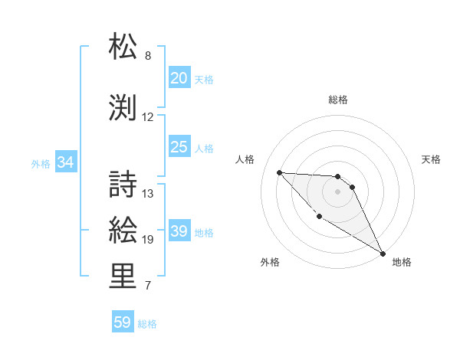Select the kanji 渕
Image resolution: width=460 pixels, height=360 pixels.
[123, 106]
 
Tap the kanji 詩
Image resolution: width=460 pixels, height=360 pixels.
[123, 183]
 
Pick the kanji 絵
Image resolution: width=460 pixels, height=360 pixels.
[123, 229]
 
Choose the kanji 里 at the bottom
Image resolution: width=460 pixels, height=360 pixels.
[123, 277]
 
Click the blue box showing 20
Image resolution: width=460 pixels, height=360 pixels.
[179, 78]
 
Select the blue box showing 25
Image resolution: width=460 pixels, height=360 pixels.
[179, 147]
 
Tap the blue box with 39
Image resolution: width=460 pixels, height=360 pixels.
[179, 232]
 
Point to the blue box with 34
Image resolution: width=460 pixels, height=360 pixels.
[65, 162]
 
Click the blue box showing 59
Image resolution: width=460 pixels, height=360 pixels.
[122, 322]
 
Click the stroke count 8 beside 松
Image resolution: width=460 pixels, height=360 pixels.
[148, 56]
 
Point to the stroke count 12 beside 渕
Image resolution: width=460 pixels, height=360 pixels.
[148, 117]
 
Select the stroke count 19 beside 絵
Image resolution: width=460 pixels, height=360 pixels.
[148, 240]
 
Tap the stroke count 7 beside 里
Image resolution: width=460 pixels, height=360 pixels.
[148, 286]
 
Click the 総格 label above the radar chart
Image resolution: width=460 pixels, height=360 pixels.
[337, 100]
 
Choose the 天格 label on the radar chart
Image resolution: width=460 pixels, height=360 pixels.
[431, 159]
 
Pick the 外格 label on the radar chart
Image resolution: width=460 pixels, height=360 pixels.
[270, 262]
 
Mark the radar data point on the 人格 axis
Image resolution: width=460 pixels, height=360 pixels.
[279, 172]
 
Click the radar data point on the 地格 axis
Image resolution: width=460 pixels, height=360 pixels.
[383, 254]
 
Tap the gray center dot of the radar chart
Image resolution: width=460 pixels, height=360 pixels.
[337, 191]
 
